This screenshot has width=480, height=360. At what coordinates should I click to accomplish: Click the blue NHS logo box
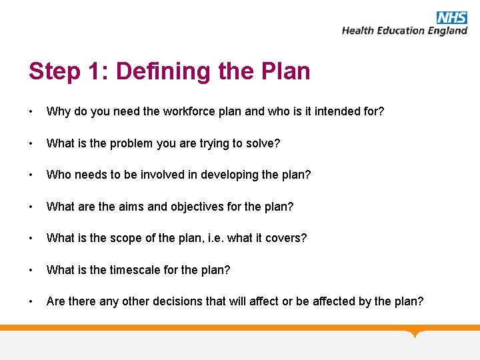[x=452, y=17]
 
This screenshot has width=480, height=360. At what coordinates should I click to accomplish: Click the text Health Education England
[x=404, y=31]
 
